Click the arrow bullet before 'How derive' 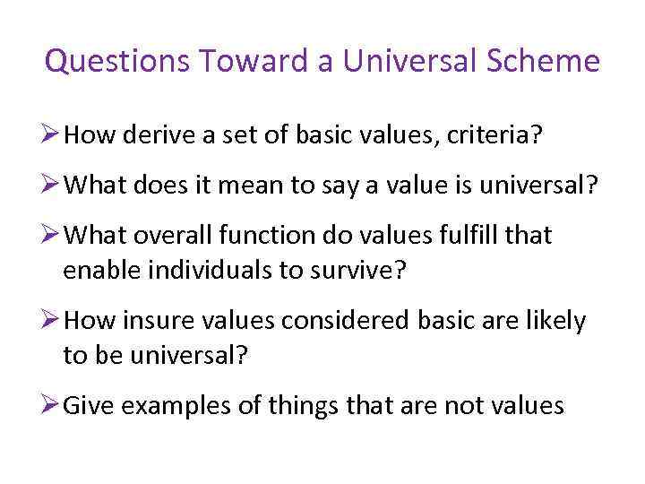tap(53, 136)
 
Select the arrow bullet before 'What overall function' tap(53, 236)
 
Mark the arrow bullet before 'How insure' tap(53, 321)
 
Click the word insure tap(158, 321)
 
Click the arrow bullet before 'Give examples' tap(53, 405)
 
